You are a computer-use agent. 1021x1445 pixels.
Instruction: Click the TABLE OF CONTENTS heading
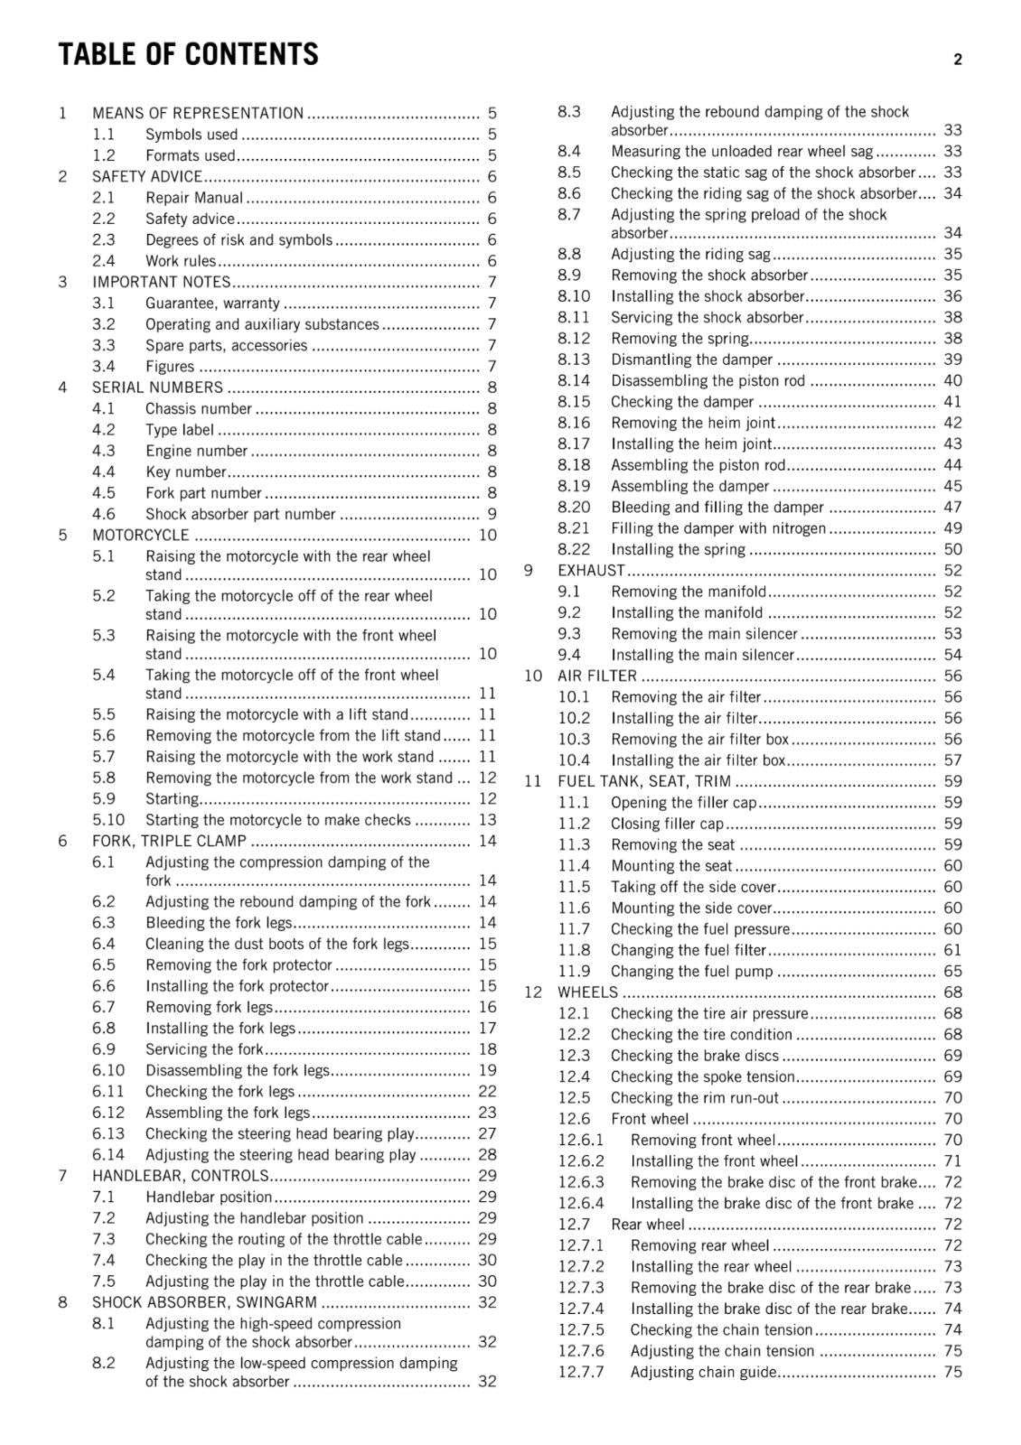pyautogui.click(x=188, y=55)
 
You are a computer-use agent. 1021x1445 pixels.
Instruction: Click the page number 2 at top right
pyautogui.click(x=957, y=61)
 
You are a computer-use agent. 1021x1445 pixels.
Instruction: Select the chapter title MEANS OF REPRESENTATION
pyautogui.click(x=198, y=114)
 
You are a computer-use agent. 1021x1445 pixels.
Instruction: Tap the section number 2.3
pyautogui.click(x=103, y=240)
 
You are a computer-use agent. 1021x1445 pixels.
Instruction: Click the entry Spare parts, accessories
pyautogui.click(x=226, y=346)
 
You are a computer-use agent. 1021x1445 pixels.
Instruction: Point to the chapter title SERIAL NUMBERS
pyautogui.click(x=157, y=387)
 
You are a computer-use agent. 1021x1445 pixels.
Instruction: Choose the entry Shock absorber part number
pyautogui.click(x=240, y=515)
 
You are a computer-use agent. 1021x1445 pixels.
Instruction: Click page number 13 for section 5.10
pyautogui.click(x=487, y=820)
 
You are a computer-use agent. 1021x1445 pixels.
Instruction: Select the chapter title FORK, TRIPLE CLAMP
pyautogui.click(x=169, y=841)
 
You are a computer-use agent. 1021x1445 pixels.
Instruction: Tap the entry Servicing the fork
pyautogui.click(x=204, y=1049)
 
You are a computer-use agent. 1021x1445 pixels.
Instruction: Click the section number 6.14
pyautogui.click(x=108, y=1155)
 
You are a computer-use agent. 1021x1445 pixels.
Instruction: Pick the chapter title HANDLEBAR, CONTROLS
pyautogui.click(x=181, y=1176)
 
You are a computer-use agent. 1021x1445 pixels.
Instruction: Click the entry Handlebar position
pyautogui.click(x=209, y=1198)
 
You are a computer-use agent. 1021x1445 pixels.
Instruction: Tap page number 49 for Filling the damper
pyautogui.click(x=952, y=528)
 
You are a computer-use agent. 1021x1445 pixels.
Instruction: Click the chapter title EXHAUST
pyautogui.click(x=591, y=571)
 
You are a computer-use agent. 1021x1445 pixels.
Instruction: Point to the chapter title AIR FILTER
pyautogui.click(x=596, y=676)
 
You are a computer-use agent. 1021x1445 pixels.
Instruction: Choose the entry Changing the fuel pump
pyautogui.click(x=691, y=972)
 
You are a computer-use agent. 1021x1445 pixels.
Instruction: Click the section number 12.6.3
pyautogui.click(x=580, y=1182)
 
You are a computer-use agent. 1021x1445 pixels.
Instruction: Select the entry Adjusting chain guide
pyautogui.click(x=703, y=1373)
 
